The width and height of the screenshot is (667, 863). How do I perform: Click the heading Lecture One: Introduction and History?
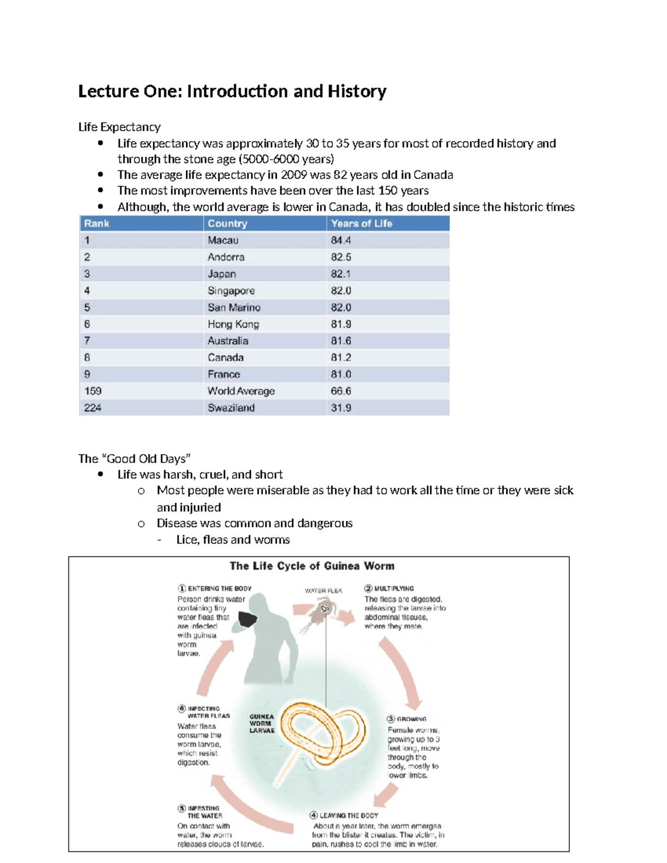232,91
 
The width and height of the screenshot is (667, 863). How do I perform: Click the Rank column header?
97,223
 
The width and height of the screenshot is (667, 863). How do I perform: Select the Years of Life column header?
361,223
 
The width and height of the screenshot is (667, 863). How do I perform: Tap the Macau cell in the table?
223,240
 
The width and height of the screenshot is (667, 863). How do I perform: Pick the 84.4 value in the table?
341,240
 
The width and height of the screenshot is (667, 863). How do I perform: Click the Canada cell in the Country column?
226,357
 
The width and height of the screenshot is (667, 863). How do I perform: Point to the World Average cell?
241,391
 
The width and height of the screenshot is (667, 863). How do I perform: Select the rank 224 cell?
93,407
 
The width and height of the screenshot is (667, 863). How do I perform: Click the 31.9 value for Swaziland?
341,407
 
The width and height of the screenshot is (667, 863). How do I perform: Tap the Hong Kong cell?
233,324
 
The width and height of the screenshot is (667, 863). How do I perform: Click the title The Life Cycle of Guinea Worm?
312,566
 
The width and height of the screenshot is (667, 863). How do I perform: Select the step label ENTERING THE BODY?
219,588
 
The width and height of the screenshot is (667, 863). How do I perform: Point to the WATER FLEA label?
323,591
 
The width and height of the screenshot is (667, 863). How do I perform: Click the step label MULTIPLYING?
394,588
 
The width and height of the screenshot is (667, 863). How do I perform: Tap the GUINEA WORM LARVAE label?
262,724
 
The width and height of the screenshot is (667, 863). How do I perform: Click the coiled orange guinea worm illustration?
322,734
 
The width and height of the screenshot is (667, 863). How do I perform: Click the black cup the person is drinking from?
248,619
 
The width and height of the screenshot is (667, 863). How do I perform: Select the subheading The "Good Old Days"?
134,458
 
